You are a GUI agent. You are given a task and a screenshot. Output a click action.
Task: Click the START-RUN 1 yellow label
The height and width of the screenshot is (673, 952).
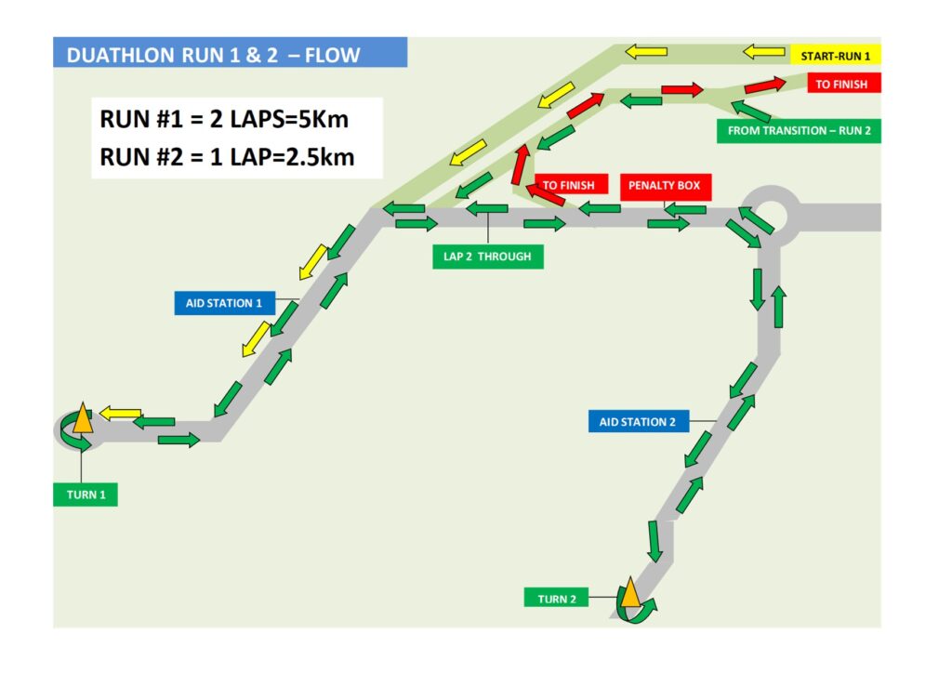(835, 56)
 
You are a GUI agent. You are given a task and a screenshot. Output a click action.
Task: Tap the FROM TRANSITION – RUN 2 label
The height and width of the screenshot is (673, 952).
(799, 131)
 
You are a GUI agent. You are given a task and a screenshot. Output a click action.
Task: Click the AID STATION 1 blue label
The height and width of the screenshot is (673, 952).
(224, 303)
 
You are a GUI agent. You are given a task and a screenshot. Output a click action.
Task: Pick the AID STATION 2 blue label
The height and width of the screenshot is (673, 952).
(638, 422)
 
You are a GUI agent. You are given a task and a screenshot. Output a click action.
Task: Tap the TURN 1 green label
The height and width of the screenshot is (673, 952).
(86, 495)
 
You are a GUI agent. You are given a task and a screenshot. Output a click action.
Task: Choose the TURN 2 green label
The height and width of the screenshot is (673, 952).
(557, 599)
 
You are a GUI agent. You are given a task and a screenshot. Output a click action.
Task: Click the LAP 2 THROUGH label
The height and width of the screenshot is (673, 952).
(487, 257)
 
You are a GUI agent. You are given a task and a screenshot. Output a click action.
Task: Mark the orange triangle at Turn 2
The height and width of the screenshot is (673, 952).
(629, 592)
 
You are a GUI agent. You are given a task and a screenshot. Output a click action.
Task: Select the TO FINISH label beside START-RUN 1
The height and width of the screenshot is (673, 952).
(840, 85)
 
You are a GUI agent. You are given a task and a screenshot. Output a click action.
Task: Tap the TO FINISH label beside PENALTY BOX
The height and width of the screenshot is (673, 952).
(569, 186)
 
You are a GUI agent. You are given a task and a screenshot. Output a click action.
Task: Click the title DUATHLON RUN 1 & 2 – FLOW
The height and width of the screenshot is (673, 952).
(214, 54)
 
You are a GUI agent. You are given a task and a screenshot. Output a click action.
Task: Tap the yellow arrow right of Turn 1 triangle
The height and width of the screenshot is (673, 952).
(120, 413)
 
